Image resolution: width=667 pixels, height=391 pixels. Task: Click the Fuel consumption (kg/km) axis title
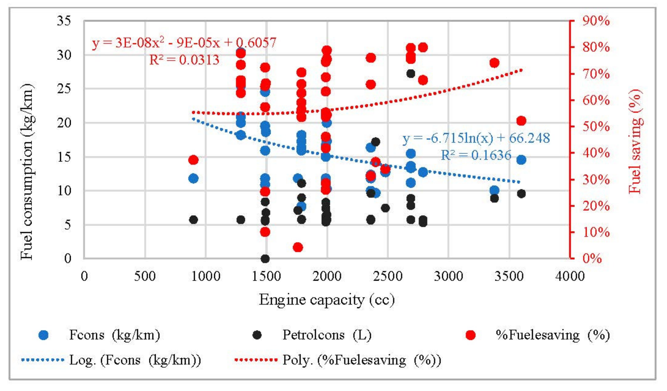tap(27, 172)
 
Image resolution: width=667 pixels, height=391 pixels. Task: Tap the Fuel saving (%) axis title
tap(635, 142)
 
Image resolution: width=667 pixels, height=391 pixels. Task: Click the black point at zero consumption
tap(265, 259)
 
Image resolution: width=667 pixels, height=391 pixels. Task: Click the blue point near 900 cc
tap(193, 178)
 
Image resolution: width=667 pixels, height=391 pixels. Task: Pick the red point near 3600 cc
tap(521, 121)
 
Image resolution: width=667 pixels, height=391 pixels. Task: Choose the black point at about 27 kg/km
tap(410, 74)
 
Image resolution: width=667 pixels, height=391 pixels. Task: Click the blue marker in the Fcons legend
tap(43, 335)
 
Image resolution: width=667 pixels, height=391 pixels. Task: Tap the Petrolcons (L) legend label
tap(327, 335)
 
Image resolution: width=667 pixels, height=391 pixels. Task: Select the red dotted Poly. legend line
tap(256, 360)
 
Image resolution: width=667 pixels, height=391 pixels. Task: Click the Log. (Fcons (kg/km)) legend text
tap(135, 360)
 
